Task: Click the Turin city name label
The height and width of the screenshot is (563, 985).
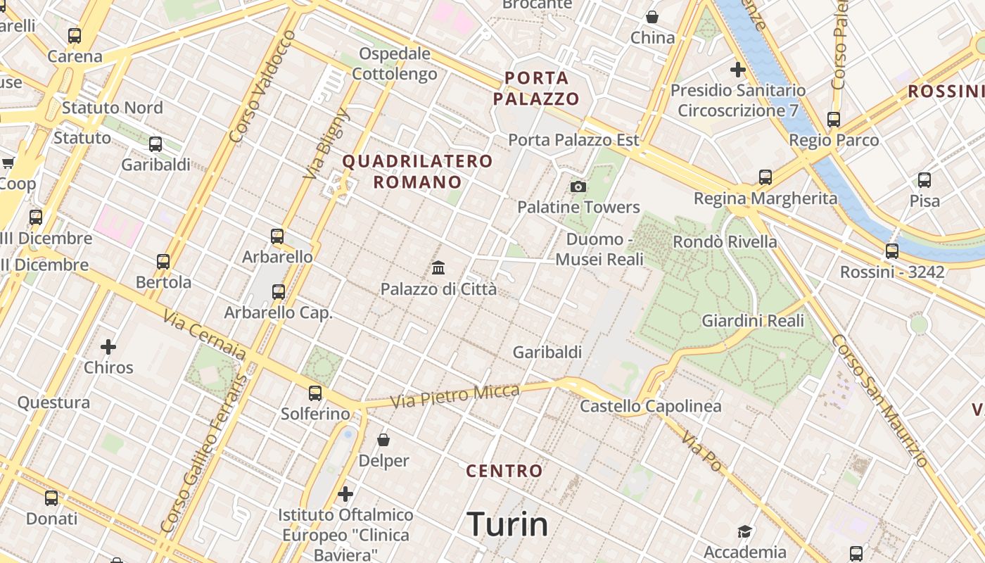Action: click(x=507, y=524)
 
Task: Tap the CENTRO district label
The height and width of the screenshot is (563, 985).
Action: click(x=504, y=471)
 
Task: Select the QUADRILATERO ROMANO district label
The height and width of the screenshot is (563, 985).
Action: click(x=417, y=171)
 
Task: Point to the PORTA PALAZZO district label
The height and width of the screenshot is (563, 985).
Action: click(x=535, y=88)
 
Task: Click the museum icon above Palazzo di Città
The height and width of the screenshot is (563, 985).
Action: click(x=438, y=267)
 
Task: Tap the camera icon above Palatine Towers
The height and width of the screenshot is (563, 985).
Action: click(x=578, y=186)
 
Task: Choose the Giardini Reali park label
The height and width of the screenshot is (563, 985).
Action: click(x=753, y=321)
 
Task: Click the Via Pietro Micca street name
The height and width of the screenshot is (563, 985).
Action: click(x=455, y=396)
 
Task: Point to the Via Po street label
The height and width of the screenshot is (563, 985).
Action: click(x=701, y=451)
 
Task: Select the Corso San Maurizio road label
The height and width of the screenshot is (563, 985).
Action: click(x=880, y=399)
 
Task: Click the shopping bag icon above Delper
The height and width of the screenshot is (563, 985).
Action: click(x=383, y=440)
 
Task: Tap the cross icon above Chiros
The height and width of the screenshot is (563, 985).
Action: click(x=108, y=346)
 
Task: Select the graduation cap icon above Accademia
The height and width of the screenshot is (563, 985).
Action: click(x=744, y=531)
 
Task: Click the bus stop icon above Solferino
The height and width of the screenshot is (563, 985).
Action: click(x=315, y=393)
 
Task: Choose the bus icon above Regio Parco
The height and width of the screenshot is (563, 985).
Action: click(x=834, y=119)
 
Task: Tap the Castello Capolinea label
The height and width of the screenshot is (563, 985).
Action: click(x=650, y=406)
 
